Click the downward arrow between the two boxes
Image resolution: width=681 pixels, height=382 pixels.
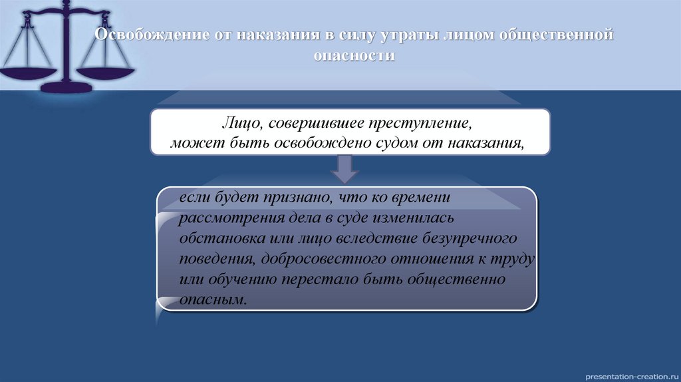click(x=344, y=168)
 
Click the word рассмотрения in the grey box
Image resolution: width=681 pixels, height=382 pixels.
click(x=223, y=218)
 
